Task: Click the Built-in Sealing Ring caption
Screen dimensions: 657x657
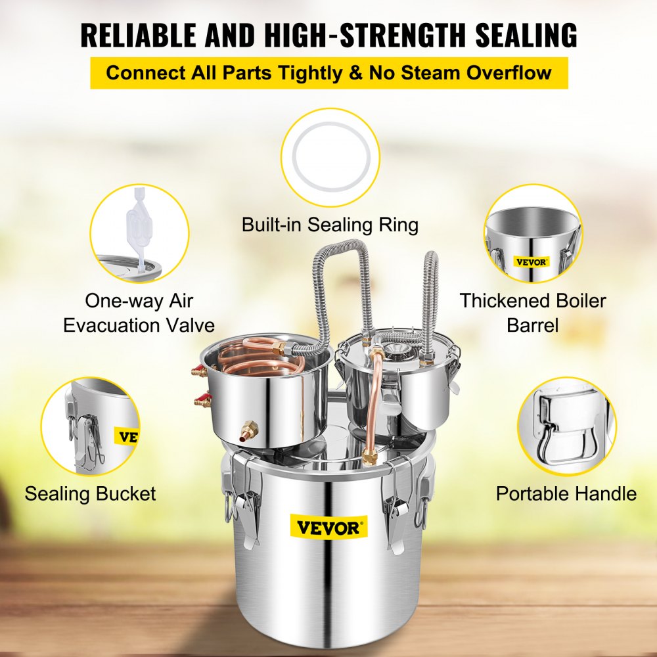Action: (330, 225)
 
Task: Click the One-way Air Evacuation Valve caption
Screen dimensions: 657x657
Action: (139, 313)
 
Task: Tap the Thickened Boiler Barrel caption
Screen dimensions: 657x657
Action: (532, 313)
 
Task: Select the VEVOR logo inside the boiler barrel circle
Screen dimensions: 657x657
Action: (530, 260)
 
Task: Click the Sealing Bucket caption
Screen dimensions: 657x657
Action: (91, 493)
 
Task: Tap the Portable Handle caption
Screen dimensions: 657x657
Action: (566, 493)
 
